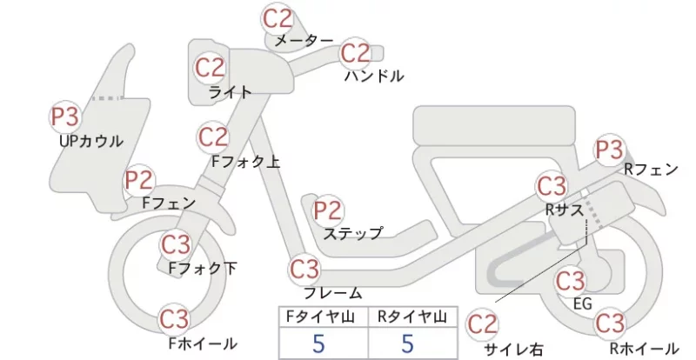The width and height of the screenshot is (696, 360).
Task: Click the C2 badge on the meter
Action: [278, 18]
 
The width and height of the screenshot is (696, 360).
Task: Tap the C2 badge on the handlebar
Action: [355, 53]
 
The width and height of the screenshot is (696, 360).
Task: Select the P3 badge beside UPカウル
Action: [64, 117]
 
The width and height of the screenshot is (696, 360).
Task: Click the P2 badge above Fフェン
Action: [139, 181]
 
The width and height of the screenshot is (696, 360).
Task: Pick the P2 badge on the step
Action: [328, 210]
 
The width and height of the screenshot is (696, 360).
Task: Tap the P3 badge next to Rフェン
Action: [609, 150]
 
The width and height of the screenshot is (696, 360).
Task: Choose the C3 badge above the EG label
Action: [571, 281]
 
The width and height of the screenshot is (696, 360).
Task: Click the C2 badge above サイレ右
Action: [482, 324]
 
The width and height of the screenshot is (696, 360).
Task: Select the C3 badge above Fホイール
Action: [175, 319]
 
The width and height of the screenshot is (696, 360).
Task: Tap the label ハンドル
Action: [374, 77]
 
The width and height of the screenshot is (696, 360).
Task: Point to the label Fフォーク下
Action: [203, 268]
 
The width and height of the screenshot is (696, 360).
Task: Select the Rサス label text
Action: [564, 210]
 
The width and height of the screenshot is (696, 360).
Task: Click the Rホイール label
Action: [644, 348]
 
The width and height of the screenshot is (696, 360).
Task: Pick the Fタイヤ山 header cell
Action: [324, 317]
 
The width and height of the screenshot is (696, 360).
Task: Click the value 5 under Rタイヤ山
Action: [407, 343]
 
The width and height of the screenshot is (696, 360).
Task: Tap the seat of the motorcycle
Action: [494, 124]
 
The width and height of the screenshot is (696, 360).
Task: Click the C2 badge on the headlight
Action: [210, 68]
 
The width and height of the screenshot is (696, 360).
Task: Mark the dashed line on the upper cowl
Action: [108, 98]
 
